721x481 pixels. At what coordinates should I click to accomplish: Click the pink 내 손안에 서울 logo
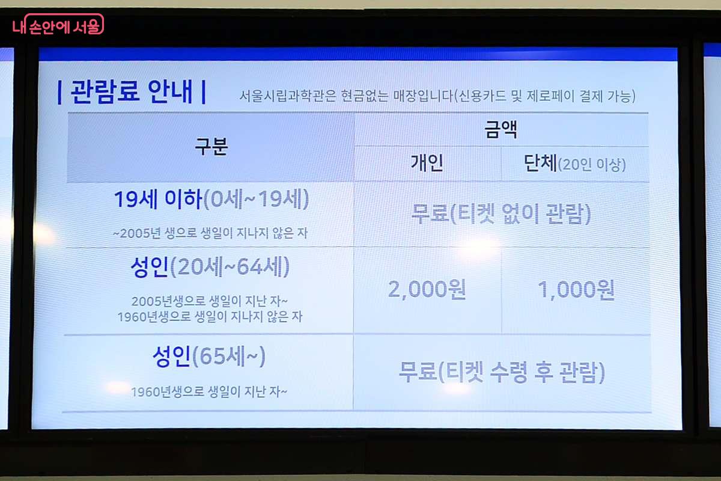point(58,25)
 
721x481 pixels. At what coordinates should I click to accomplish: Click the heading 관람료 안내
point(132,92)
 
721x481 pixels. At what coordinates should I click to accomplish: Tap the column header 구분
point(211,147)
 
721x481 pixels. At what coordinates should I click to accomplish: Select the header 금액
point(501,129)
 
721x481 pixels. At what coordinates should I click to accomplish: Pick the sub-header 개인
point(427,163)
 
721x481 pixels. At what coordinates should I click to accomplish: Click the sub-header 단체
point(540,163)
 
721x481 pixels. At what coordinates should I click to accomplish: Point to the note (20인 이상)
point(592,165)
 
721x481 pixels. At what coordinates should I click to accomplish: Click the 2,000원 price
point(427,289)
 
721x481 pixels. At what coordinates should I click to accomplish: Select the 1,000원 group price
point(576,290)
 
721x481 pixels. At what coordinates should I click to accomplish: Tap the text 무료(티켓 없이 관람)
point(501,213)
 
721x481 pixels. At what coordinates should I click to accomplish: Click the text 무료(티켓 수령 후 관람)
point(502,372)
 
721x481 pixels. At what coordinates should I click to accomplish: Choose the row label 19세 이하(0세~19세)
point(211,199)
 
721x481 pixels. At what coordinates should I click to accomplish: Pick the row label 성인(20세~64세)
point(210,267)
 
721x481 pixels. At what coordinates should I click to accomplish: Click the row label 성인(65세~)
point(209,357)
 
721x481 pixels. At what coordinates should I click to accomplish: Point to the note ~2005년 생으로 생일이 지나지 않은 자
point(210,233)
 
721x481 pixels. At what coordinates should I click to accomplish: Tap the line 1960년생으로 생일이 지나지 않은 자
point(210,317)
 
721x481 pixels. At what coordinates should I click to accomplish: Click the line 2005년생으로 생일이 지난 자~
point(210,301)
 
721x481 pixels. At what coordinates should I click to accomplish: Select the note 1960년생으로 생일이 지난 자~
point(209,392)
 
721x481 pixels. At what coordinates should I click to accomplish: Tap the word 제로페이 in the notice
point(550,96)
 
